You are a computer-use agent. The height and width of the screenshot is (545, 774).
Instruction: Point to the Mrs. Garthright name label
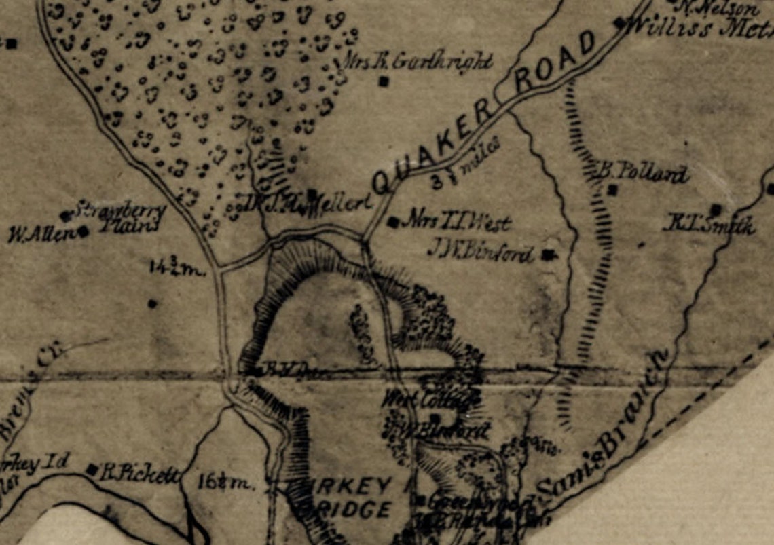click(x=418, y=61)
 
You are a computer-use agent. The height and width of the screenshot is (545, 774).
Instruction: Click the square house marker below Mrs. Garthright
click(x=384, y=81)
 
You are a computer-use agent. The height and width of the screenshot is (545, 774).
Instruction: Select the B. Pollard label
click(x=642, y=173)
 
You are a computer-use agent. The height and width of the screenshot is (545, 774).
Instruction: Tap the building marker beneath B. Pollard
click(x=612, y=191)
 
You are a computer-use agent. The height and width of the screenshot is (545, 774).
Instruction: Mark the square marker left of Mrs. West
click(x=392, y=221)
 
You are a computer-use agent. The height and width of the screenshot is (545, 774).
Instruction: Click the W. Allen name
click(x=41, y=235)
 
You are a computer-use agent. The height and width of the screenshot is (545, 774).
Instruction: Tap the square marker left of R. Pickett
click(x=92, y=469)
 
